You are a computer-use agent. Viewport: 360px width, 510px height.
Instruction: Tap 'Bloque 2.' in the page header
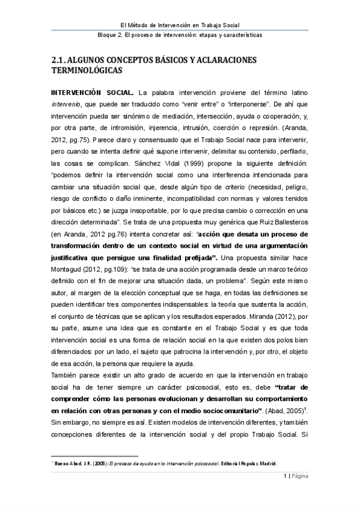coord(111,35)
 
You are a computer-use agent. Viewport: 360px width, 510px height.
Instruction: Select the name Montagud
coord(69,277)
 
